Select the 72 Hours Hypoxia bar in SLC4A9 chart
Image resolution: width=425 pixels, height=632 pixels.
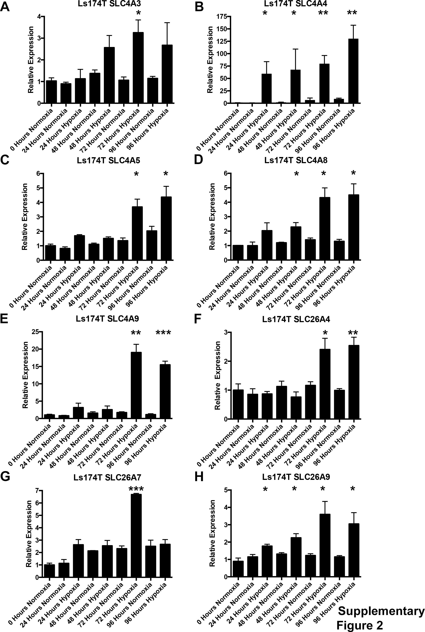coord(136,385)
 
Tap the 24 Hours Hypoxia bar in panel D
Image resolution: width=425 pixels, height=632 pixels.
coord(267,245)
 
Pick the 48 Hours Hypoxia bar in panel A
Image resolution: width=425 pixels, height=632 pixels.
coord(109,75)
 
